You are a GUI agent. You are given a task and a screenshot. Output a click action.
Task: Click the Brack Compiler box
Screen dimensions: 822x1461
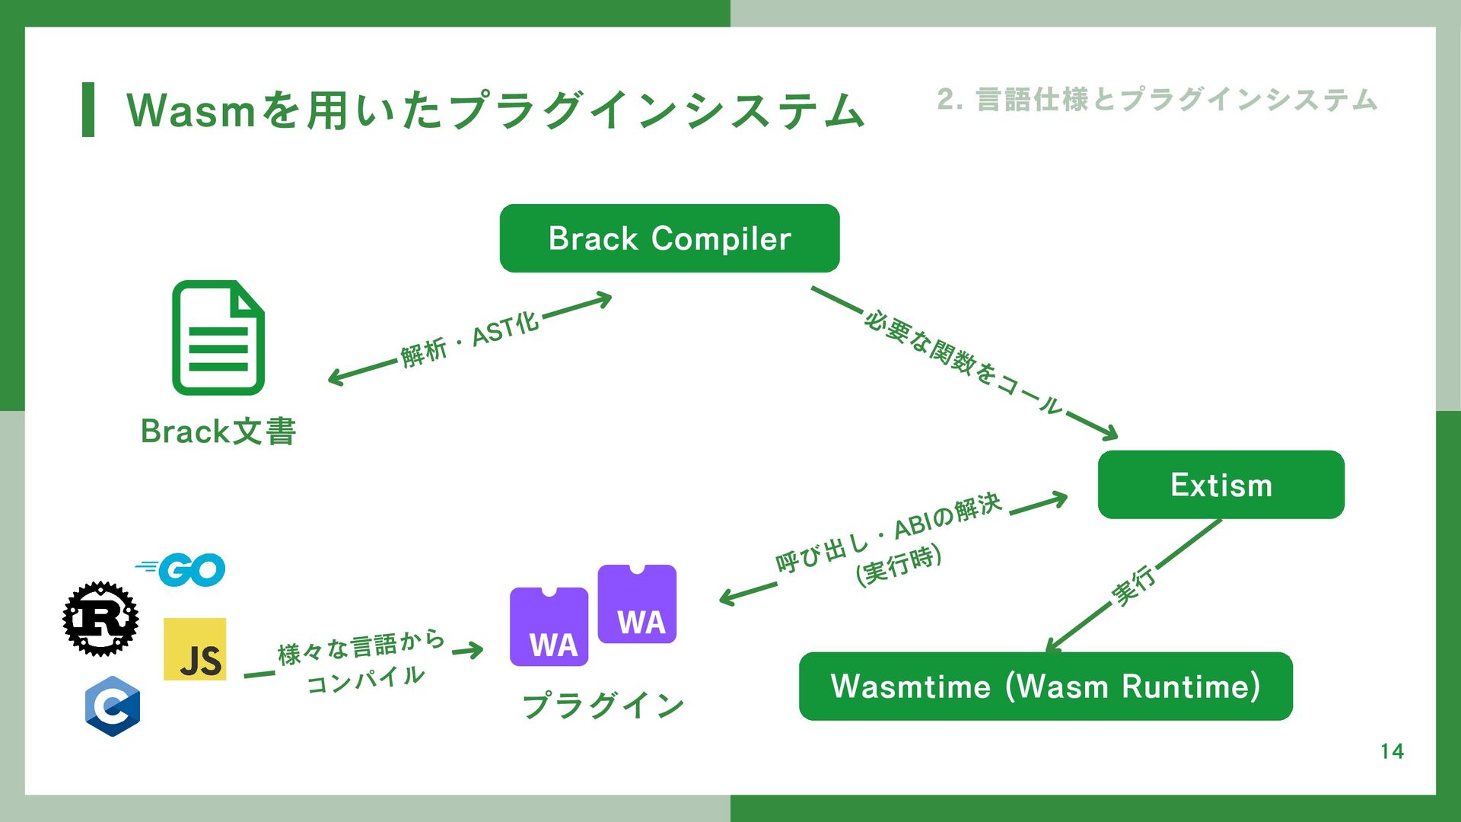[x=669, y=238]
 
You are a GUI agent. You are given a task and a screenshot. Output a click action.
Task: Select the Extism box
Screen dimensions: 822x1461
[x=1221, y=485]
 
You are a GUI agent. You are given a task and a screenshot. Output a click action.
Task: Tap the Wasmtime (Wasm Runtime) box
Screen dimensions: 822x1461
[x=1046, y=686]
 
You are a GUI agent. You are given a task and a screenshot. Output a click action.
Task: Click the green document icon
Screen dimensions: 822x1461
[x=218, y=338]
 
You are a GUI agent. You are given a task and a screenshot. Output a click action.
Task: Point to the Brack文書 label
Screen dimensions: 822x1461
[x=218, y=432]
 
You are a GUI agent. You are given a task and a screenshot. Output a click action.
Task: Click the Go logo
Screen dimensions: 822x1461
[x=183, y=569]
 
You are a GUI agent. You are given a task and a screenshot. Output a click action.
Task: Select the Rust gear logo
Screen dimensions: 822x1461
[x=100, y=619]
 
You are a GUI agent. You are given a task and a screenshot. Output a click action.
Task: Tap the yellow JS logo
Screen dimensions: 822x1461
[x=195, y=649]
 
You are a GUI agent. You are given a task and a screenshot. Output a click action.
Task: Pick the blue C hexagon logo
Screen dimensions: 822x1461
[x=113, y=706]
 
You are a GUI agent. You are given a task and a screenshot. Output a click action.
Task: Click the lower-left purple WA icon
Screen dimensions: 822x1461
[x=549, y=626]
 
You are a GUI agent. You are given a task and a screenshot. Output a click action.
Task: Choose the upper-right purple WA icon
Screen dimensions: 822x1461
[x=637, y=604]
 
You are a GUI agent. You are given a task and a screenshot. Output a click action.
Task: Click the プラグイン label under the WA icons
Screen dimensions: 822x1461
[x=603, y=706]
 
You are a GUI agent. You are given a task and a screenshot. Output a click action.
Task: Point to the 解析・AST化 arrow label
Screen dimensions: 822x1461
[x=469, y=339]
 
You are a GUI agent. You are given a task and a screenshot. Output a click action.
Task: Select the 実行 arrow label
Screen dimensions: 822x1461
[x=1134, y=586]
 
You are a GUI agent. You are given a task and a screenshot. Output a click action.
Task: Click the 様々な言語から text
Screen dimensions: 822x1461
[x=361, y=648]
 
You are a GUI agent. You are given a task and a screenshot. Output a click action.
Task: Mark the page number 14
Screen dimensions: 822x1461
[x=1392, y=751]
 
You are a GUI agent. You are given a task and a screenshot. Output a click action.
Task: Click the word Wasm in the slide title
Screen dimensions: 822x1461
[x=190, y=110]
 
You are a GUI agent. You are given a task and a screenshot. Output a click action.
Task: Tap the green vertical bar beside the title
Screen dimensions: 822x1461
[x=88, y=110]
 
